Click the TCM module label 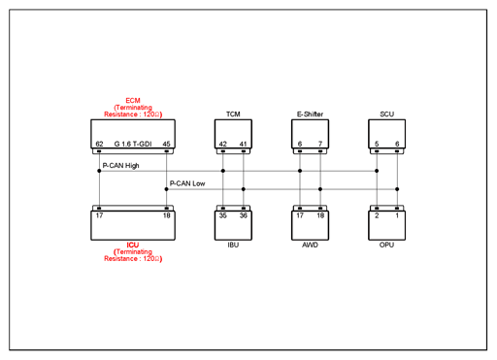point(233,115)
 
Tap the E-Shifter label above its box point(310,115)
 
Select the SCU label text point(386,115)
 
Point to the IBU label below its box point(233,245)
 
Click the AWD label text point(310,245)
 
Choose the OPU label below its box point(386,245)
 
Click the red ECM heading point(133,101)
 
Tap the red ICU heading point(133,245)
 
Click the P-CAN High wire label point(120,166)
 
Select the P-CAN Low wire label point(187,183)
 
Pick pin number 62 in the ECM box point(99,144)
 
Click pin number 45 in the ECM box point(166,144)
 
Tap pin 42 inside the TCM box point(223,144)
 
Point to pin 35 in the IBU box point(223,215)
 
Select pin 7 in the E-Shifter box point(320,144)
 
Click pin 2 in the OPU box point(377,215)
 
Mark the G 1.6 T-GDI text point(133,144)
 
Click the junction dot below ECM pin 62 point(99,171)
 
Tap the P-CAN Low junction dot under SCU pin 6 point(397,189)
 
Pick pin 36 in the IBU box point(244,215)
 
